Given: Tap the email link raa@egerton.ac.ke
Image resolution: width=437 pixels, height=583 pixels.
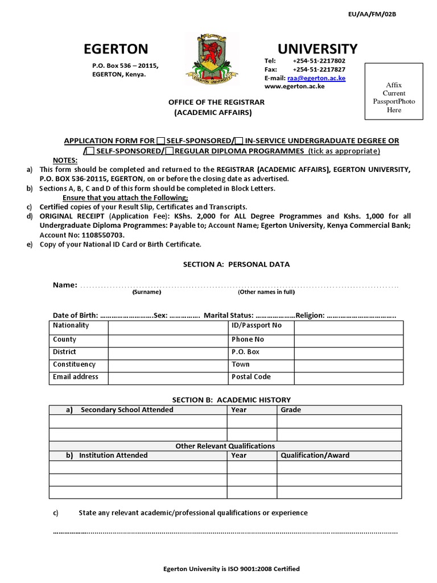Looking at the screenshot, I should pyautogui.click(x=316, y=78).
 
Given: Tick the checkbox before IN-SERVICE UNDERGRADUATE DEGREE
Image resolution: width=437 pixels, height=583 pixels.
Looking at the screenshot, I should pyautogui.click(x=239, y=141).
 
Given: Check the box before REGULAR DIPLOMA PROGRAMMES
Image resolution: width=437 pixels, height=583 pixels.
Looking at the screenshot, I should pyautogui.click(x=170, y=151).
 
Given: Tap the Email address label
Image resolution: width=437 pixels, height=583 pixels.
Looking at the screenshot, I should pyautogui.click(x=76, y=377).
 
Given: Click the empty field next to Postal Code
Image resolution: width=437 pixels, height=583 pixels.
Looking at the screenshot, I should pyautogui.click(x=348, y=377).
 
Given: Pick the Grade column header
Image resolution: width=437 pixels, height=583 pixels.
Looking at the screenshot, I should pyautogui.click(x=291, y=410).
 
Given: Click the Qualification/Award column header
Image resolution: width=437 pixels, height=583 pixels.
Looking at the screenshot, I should pyautogui.click(x=315, y=455).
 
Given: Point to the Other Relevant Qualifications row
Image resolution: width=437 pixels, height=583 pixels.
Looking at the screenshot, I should pyautogui.click(x=225, y=446).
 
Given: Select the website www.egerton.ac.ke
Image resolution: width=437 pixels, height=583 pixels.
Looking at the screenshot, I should pyautogui.click(x=294, y=87).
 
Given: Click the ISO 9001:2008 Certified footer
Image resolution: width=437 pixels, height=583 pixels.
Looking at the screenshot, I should pyautogui.click(x=231, y=569).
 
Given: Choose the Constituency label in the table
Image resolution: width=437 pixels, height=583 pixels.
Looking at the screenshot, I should pyautogui.click(x=75, y=364).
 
